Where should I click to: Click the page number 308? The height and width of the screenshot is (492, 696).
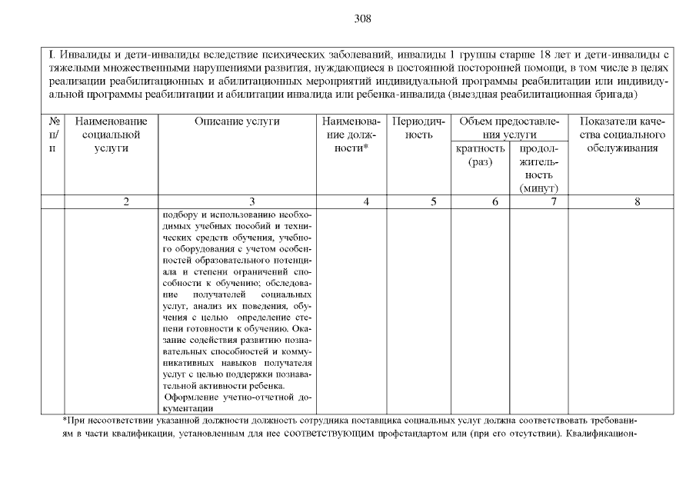coord(362,18)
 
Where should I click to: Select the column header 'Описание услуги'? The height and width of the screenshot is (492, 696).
coord(237,121)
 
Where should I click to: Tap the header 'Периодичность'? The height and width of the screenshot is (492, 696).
coord(419,128)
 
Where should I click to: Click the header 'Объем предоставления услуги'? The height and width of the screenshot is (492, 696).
coord(509,128)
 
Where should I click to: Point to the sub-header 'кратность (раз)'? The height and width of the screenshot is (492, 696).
coord(480,155)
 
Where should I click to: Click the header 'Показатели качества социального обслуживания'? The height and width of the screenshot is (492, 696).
coord(623,135)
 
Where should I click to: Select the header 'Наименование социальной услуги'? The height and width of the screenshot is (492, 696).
coord(111,135)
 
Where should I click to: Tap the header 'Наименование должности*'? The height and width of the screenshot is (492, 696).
coord(352,135)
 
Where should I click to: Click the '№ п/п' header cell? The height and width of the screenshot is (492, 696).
coord(54,135)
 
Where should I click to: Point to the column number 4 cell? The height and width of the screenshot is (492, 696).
coord(366,202)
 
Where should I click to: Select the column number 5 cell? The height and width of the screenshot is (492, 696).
coord(434,202)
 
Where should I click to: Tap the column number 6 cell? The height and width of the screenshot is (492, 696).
coord(495,202)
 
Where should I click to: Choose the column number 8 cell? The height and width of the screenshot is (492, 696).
coord(637,202)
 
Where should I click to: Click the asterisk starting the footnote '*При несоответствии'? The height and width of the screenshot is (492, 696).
coord(65,421)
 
